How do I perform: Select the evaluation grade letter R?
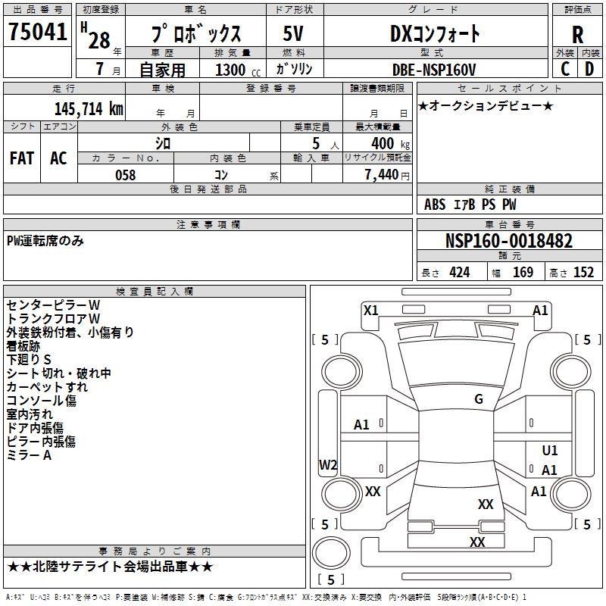tap(577, 34)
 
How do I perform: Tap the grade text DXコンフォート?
tap(435, 33)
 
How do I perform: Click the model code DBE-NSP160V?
tap(436, 69)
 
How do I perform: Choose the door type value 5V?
tap(294, 33)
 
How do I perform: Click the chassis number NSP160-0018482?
tap(509, 241)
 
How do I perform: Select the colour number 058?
tap(125, 175)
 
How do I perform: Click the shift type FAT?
tap(22, 158)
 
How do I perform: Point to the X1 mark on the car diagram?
tap(371, 310)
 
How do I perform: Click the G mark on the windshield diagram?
tap(478, 399)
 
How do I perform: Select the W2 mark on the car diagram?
tap(328, 465)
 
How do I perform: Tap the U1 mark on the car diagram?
tap(550, 450)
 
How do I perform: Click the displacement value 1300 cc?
tap(233, 70)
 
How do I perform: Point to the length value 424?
tap(459, 273)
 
